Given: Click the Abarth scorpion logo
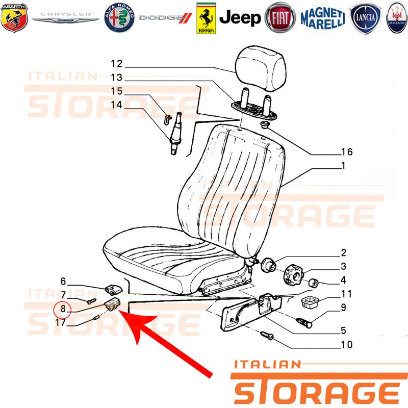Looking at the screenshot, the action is point(14,18).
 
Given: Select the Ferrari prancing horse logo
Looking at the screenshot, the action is point(206,18).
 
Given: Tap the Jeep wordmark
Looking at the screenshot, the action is point(240,18).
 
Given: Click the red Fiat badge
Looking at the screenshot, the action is point(280,18).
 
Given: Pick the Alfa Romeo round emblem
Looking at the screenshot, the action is point(119,18).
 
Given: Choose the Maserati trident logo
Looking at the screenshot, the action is point(397,18).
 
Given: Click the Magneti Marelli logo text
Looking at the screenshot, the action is point(323,18).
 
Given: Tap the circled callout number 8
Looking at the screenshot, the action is point(63,309).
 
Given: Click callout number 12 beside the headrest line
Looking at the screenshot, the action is point(116,64).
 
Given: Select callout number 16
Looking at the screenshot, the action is point(347,151).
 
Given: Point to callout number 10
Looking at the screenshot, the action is point(347,345).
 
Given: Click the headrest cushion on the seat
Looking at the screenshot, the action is point(261,68).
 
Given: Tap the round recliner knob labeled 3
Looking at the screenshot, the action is point(294,275).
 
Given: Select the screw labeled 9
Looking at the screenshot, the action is point(303,323).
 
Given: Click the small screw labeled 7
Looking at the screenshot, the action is point(92,301).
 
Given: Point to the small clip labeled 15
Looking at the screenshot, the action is point(168,119).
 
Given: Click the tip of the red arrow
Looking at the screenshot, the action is point(119,310).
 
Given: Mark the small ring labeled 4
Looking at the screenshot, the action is point(313,283).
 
